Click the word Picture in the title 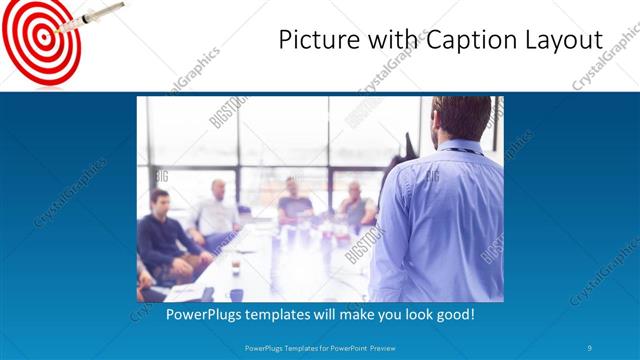pos(312,41)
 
